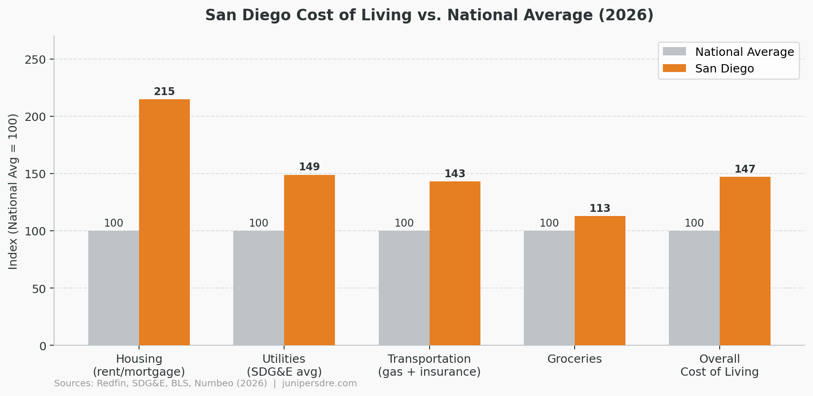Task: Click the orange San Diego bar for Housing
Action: coord(164,222)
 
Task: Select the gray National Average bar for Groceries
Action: coord(549,288)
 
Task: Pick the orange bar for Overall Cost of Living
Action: coord(745,261)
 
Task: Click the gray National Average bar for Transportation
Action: coord(404,288)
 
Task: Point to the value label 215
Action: coord(164,92)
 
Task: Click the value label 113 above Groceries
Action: coord(600,209)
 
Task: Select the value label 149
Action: coord(309,167)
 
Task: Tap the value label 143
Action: coord(455,174)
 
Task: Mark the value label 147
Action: coord(745,169)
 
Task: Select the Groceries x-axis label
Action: coord(575,359)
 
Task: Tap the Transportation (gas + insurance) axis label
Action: coord(429,365)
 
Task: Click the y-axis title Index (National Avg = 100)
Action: coord(13,191)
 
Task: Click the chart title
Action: coord(429,15)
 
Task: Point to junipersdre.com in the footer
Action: coord(319,384)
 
